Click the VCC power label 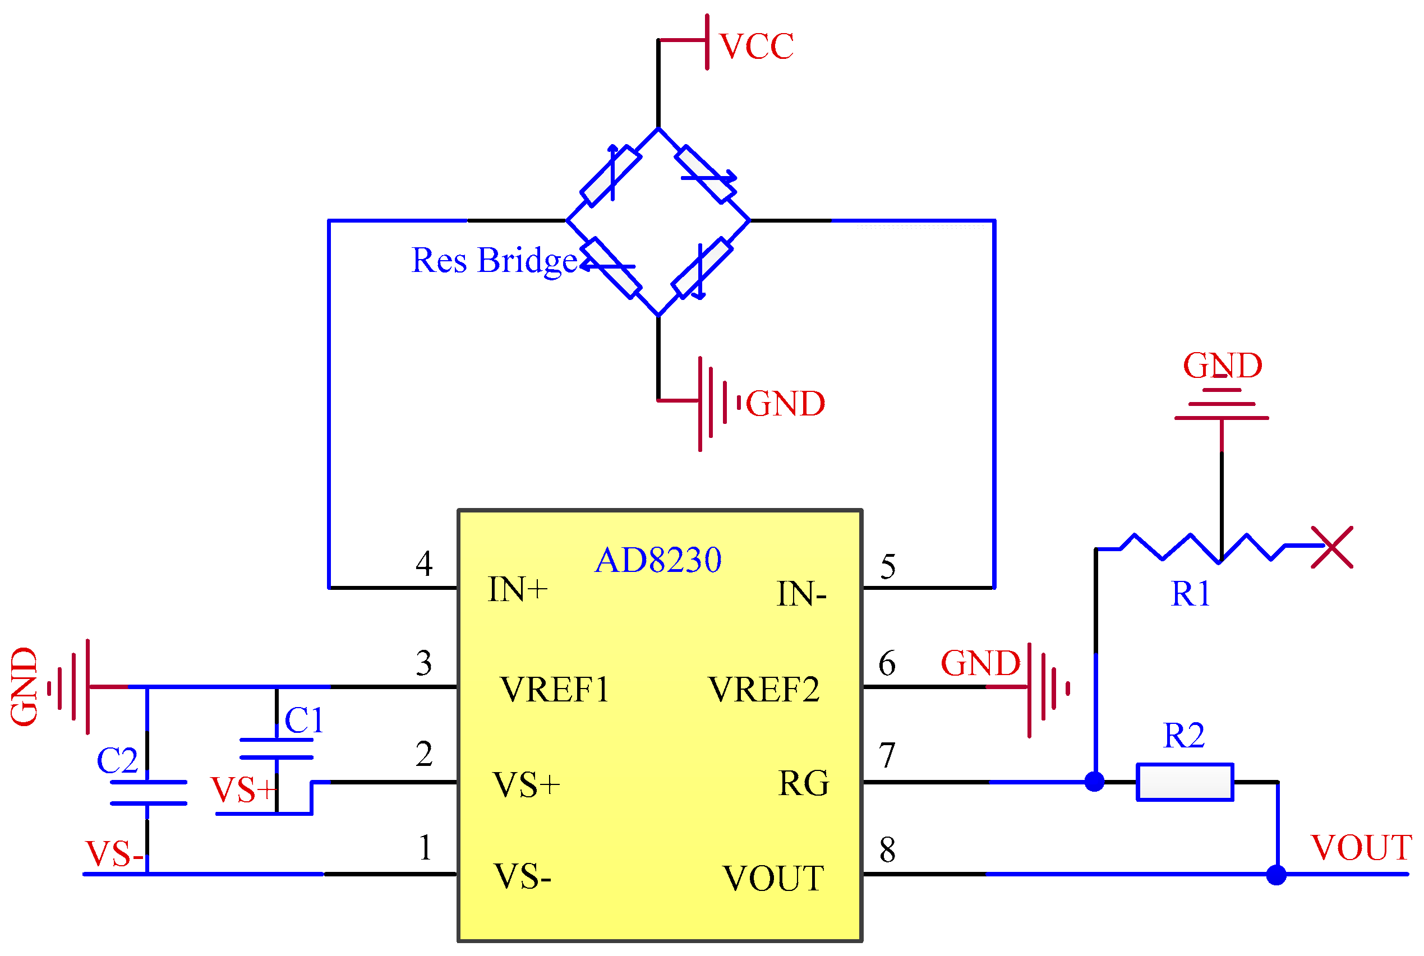point(756,47)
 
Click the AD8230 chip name point(658,560)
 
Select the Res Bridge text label point(494,261)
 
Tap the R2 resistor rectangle point(1185,782)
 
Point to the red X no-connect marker point(1332,547)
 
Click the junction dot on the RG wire point(1095,782)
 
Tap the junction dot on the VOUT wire point(1276,875)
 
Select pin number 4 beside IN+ point(425,564)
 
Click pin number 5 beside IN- point(888,567)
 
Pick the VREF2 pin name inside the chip point(763,690)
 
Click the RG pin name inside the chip point(804,783)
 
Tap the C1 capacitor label point(304,721)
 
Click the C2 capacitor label point(117,761)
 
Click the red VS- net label point(114,854)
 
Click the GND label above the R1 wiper point(1222,366)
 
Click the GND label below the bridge point(786,404)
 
